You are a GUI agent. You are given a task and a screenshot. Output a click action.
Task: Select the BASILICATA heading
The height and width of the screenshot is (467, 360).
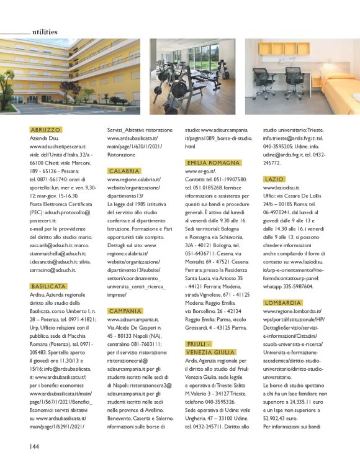(x=48, y=286)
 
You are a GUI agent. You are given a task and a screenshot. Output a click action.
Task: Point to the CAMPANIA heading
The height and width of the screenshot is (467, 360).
(x=125, y=311)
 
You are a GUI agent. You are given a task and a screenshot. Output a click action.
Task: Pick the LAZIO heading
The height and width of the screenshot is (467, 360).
(x=274, y=179)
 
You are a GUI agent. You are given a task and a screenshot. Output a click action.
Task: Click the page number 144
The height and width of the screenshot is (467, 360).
(x=35, y=446)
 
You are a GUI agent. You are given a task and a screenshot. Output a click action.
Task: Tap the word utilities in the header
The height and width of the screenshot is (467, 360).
(x=45, y=32)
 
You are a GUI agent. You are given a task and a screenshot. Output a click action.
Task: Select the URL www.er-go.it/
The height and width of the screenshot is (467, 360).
(x=201, y=170)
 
